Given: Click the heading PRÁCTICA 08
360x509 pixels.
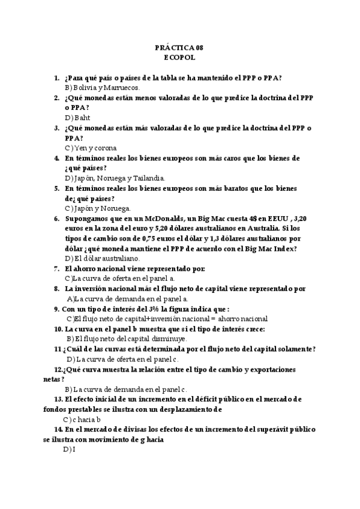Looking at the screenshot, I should (179, 47).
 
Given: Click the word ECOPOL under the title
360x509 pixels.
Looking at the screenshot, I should (179, 58).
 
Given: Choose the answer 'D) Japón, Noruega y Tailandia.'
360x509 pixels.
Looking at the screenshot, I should (115, 178).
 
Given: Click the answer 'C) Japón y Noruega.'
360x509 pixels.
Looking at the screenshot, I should (97, 208).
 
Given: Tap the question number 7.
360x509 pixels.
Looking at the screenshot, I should (56, 269).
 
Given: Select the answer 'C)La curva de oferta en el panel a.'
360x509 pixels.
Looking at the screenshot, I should (119, 279).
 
